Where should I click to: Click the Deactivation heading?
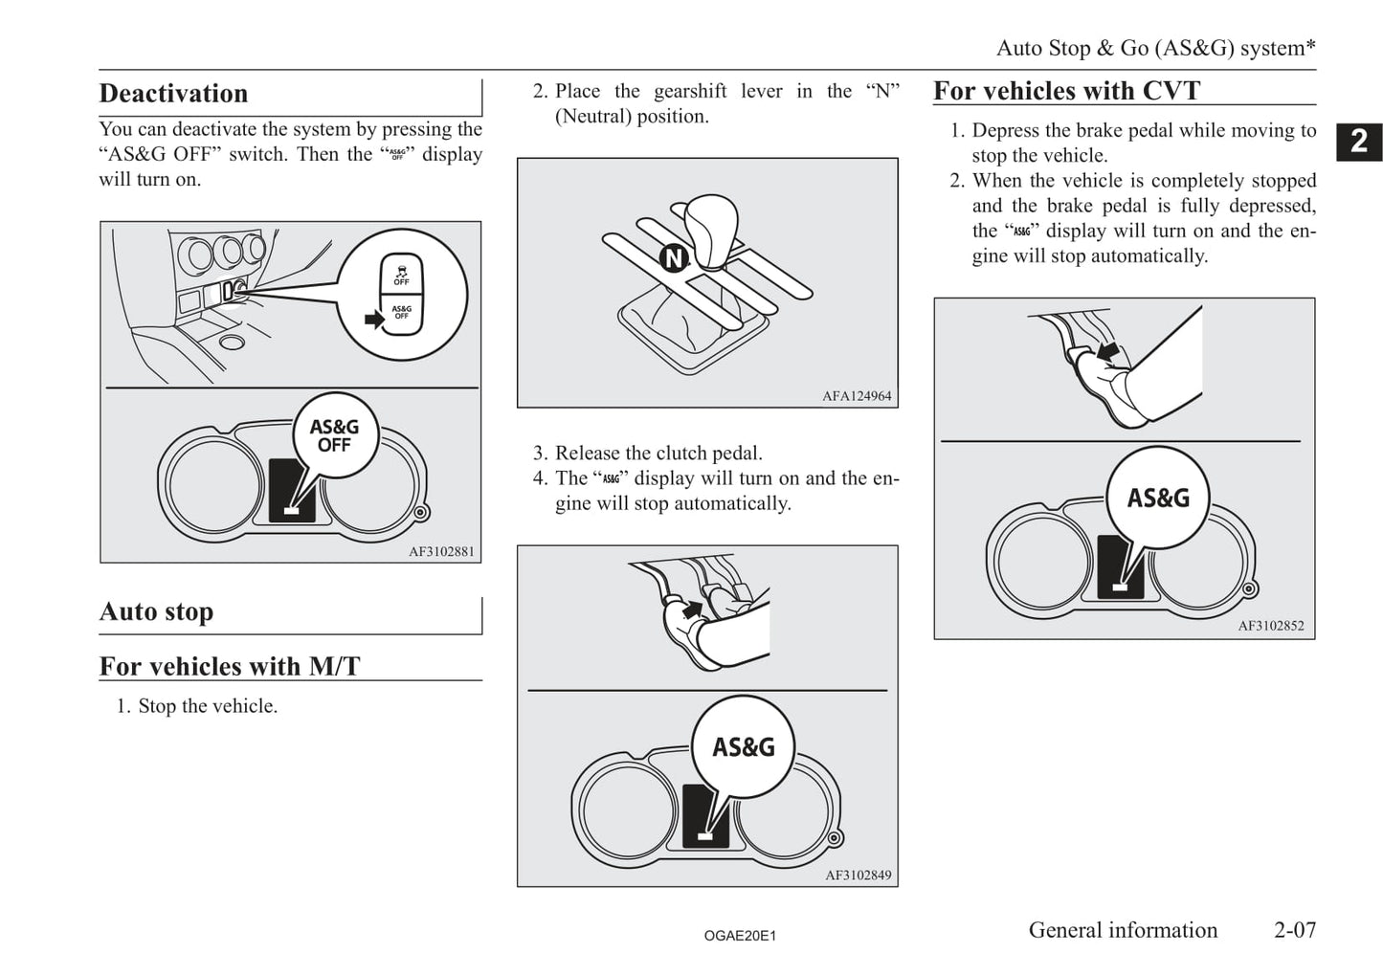tap(173, 94)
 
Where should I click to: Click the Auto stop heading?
tap(156, 611)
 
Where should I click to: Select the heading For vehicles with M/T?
tap(230, 666)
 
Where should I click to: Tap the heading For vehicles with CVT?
tap(1066, 91)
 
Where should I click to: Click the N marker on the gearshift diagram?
tap(675, 257)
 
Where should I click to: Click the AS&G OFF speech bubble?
tap(334, 436)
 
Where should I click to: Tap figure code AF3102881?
tap(441, 551)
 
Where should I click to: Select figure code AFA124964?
tap(857, 396)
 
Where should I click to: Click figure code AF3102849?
tap(858, 875)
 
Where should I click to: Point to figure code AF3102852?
tap(1270, 626)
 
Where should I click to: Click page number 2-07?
tap(1295, 930)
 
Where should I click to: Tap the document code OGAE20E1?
tap(740, 936)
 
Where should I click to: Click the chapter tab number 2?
tap(1359, 143)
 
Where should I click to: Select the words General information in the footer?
tap(1123, 930)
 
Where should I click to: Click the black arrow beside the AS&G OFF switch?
tap(374, 319)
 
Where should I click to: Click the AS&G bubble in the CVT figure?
tap(1158, 499)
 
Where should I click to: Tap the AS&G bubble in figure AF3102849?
tap(744, 747)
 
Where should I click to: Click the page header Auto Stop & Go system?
tap(1155, 48)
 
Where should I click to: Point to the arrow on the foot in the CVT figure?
tap(1109, 353)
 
